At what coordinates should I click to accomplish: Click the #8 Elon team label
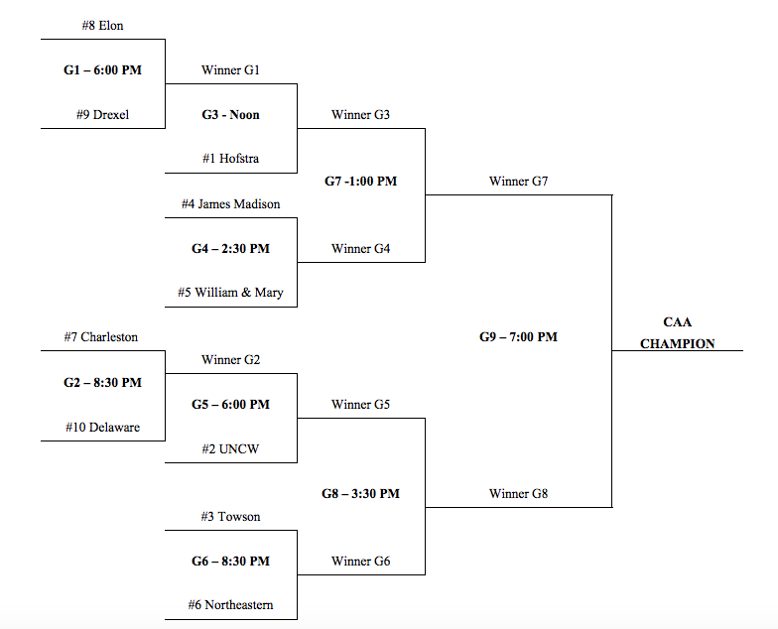102,25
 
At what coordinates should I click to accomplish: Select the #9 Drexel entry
102,114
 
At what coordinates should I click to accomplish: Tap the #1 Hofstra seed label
230,158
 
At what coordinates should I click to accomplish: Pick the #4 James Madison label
230,203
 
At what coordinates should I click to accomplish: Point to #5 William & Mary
230,293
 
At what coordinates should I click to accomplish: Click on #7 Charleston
102,336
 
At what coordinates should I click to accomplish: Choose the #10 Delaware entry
102,427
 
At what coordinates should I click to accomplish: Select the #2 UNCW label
230,448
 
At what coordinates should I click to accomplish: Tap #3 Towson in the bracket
230,516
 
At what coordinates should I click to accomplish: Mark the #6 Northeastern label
230,604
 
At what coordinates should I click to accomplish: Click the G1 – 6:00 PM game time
102,70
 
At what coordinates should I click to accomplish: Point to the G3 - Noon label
230,114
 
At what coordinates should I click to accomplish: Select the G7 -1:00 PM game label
360,182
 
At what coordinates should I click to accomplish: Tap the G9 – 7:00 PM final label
518,336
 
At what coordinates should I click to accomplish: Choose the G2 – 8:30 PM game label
102,382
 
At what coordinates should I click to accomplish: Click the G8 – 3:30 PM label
360,493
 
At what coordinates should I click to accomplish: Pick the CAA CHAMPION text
677,333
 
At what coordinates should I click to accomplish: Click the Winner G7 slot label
518,182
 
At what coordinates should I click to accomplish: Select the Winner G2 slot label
230,359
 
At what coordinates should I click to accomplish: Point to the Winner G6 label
360,561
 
